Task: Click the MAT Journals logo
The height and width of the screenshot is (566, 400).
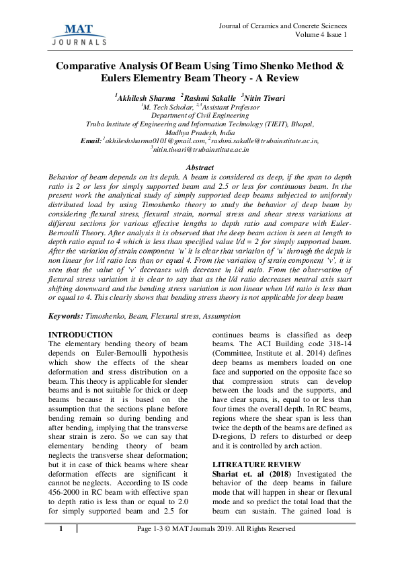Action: coord(78,34)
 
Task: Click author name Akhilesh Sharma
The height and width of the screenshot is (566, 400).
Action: coord(146,98)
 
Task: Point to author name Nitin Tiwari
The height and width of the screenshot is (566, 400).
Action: coord(264,98)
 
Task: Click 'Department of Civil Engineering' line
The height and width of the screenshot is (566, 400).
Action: coord(199,116)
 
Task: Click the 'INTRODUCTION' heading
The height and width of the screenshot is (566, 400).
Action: coord(81,334)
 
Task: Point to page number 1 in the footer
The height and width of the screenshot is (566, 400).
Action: coord(61,528)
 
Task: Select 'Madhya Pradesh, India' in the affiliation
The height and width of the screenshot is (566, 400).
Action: coord(199,132)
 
